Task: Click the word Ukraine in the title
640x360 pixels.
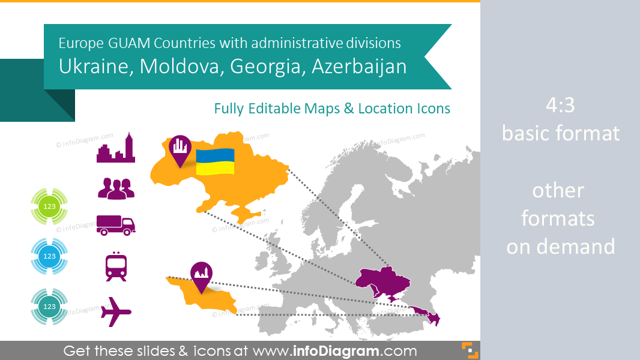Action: click(95, 66)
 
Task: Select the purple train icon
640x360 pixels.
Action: click(116, 266)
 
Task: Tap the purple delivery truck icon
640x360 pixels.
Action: click(116, 224)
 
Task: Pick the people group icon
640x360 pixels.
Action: click(116, 188)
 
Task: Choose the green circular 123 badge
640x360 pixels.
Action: click(50, 206)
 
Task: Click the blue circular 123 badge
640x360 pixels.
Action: click(50, 256)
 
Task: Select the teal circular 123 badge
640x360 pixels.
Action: click(50, 306)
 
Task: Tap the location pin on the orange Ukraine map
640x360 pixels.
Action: click(180, 149)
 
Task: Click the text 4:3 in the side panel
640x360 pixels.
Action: click(560, 106)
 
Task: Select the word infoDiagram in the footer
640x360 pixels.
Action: click(345, 350)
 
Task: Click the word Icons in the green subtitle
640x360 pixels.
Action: click(433, 109)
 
